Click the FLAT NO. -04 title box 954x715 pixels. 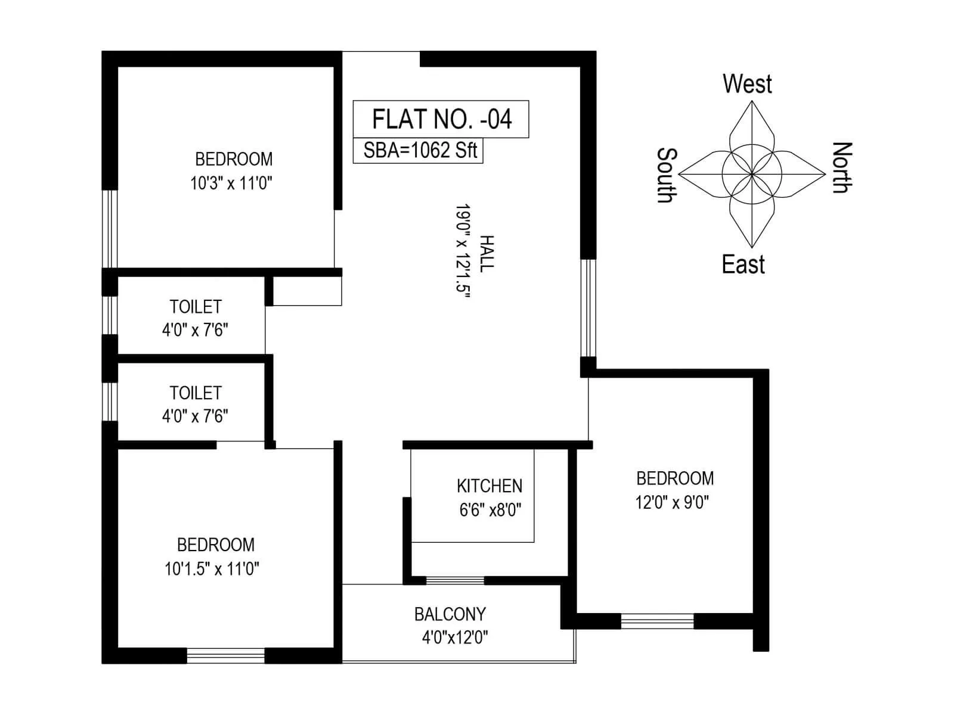[x=441, y=119]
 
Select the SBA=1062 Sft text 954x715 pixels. [x=420, y=150]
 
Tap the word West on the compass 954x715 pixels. [x=747, y=84]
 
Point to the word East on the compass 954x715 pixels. [x=743, y=265]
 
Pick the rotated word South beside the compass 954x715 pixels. [x=667, y=175]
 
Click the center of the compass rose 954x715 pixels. [x=752, y=174]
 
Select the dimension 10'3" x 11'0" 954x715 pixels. [x=231, y=183]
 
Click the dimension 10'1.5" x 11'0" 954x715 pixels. [x=212, y=569]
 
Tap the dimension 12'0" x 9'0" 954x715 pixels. [x=672, y=502]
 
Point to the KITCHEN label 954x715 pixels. [x=490, y=486]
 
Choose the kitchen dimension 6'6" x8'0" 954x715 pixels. [x=490, y=510]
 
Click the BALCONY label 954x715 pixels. [x=450, y=614]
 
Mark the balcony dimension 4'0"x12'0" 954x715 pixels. [x=454, y=638]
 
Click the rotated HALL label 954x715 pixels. [x=487, y=254]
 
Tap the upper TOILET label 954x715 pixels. [x=196, y=307]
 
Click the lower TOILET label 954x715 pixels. [x=196, y=393]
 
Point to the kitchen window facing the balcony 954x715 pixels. [x=455, y=580]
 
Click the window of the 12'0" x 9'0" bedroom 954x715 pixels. [x=657, y=621]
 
